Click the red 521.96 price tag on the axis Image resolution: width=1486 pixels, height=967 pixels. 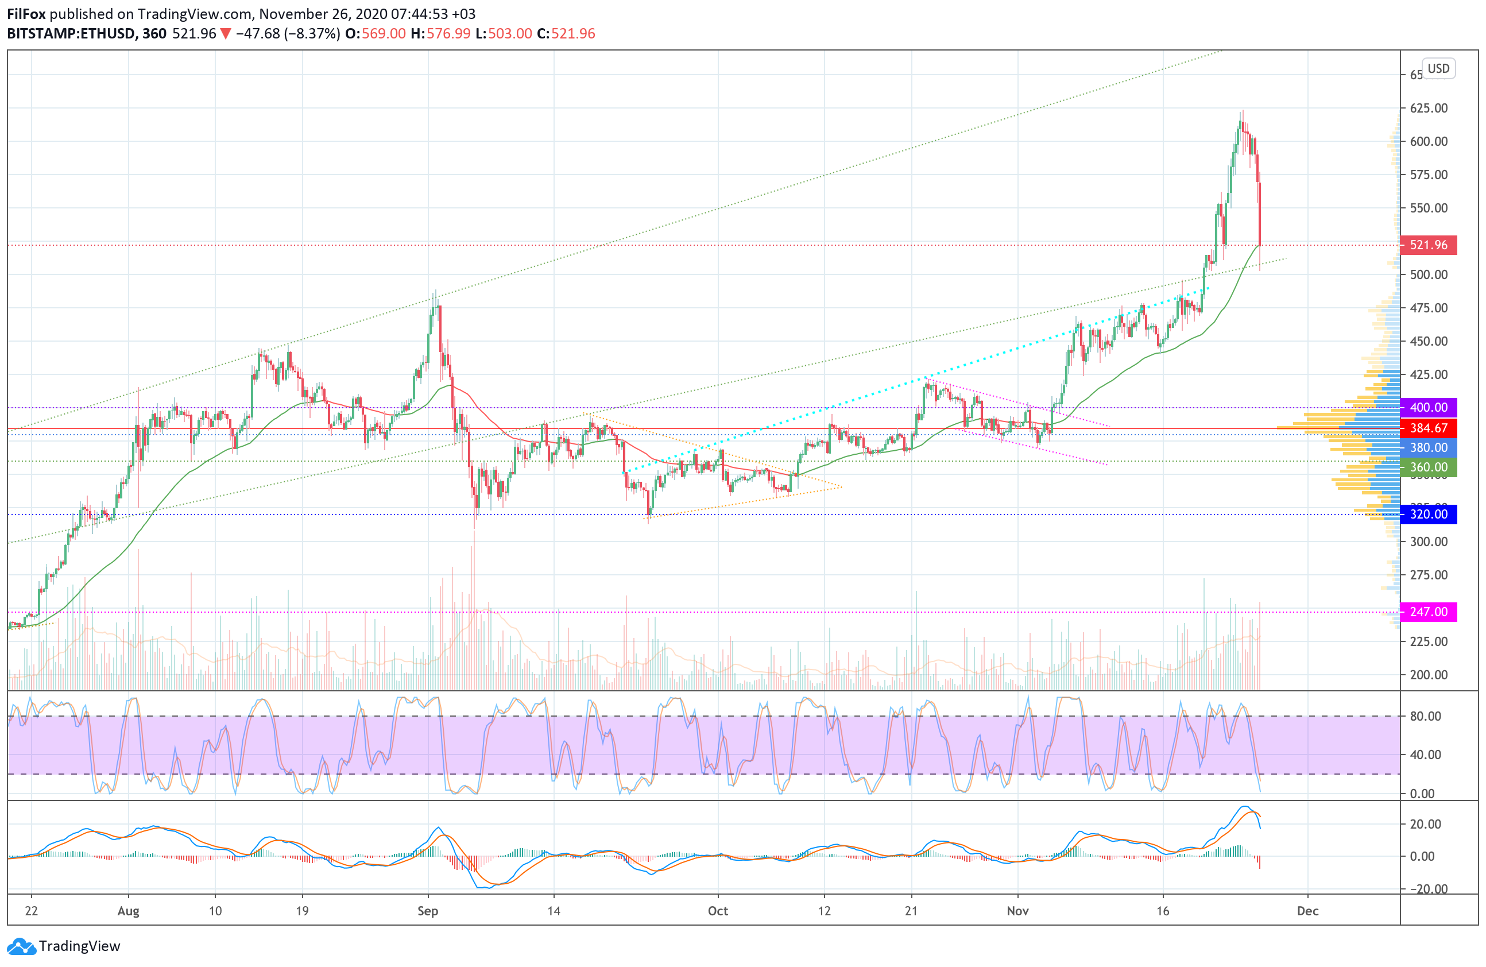click(1428, 245)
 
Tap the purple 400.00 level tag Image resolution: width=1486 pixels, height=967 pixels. click(1428, 408)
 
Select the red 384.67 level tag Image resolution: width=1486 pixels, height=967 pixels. click(1428, 428)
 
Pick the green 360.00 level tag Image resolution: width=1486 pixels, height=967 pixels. click(1428, 467)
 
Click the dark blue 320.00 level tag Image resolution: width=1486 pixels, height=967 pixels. click(1428, 515)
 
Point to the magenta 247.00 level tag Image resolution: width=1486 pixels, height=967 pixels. click(1428, 612)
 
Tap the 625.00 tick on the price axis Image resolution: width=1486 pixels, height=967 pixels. click(1429, 108)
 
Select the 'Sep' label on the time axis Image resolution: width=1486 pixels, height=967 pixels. click(428, 911)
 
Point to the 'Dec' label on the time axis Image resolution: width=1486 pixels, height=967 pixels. click(1307, 911)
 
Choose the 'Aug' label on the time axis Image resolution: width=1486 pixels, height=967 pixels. click(128, 911)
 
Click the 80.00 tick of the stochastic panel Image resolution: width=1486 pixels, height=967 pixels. click(1426, 716)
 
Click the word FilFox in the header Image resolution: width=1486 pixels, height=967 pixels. click(26, 14)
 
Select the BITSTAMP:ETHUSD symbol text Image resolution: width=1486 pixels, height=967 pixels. click(71, 34)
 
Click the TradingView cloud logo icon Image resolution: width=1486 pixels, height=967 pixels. click(21, 946)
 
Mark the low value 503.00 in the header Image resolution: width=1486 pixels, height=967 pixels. click(510, 34)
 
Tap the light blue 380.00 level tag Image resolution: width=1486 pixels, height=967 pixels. click(1428, 447)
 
